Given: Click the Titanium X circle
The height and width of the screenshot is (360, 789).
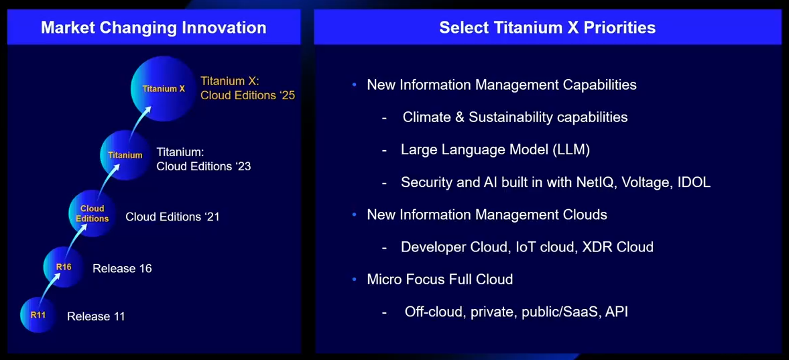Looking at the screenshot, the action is [164, 88].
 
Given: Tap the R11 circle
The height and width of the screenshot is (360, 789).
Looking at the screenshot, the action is [38, 315].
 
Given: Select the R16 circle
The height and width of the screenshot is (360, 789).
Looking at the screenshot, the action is [64, 267].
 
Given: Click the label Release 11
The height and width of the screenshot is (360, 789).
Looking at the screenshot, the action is [96, 316].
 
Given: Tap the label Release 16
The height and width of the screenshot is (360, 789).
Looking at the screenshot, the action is [122, 268].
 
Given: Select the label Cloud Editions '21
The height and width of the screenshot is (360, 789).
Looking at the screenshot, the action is [172, 217].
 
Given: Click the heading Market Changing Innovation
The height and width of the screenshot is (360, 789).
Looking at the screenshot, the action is [154, 27].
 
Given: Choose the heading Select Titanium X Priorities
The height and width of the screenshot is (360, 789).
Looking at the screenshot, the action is [548, 27].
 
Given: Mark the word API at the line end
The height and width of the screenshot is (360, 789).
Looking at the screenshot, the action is [617, 312].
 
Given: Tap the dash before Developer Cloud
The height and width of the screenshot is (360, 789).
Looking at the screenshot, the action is [384, 248].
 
